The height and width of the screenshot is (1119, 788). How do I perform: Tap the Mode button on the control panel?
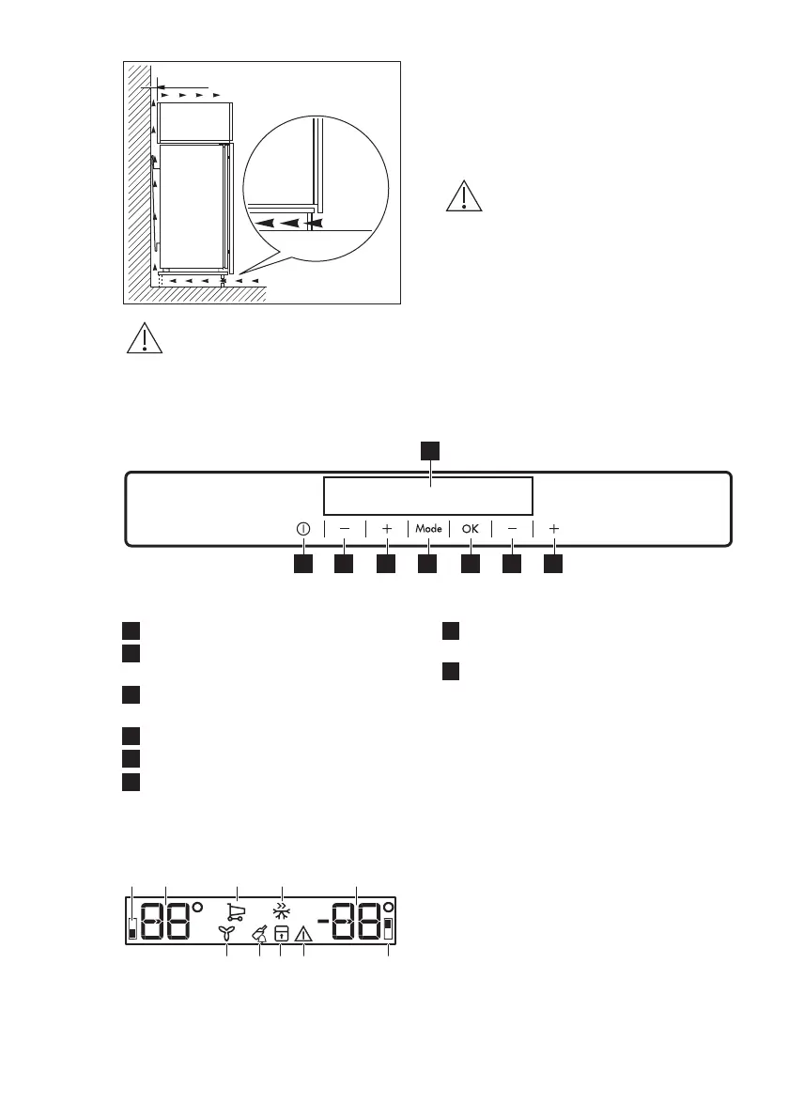[428, 529]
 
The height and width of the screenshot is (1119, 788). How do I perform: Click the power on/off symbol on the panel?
[302, 529]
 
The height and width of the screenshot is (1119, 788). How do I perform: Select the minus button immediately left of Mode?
[345, 529]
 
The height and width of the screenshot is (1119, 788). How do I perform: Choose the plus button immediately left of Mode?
[387, 529]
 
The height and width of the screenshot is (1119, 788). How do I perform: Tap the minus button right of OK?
[512, 529]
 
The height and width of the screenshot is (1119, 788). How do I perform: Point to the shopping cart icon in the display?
[236, 911]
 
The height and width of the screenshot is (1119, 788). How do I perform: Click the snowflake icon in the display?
[281, 910]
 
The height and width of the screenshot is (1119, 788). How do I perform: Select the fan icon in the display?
[226, 933]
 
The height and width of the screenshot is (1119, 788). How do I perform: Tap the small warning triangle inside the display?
[303, 934]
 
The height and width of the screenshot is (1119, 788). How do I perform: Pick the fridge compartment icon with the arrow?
[280, 934]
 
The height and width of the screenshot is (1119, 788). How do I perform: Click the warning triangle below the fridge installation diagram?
[145, 339]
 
